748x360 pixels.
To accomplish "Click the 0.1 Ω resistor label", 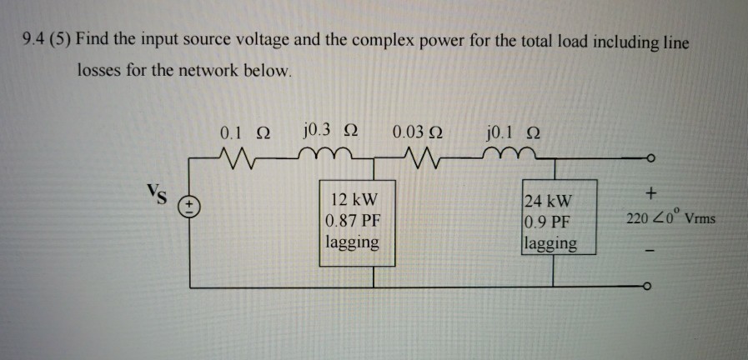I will point(245,133).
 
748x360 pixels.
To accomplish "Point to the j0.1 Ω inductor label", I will point(510,132).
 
